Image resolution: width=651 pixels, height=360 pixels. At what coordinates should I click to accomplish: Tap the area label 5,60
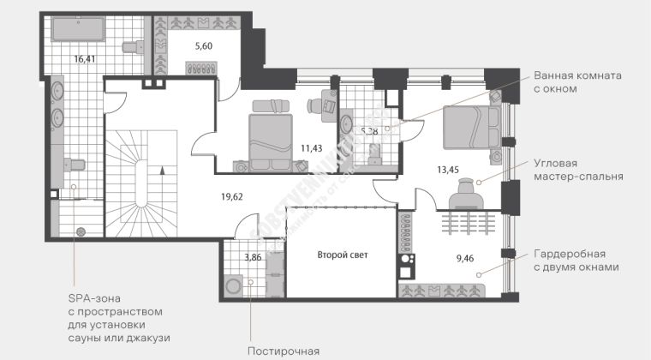point(203,46)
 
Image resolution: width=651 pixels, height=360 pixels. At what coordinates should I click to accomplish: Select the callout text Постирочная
point(284,351)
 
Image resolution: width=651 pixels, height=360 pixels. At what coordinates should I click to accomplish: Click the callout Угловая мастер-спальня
point(577,170)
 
